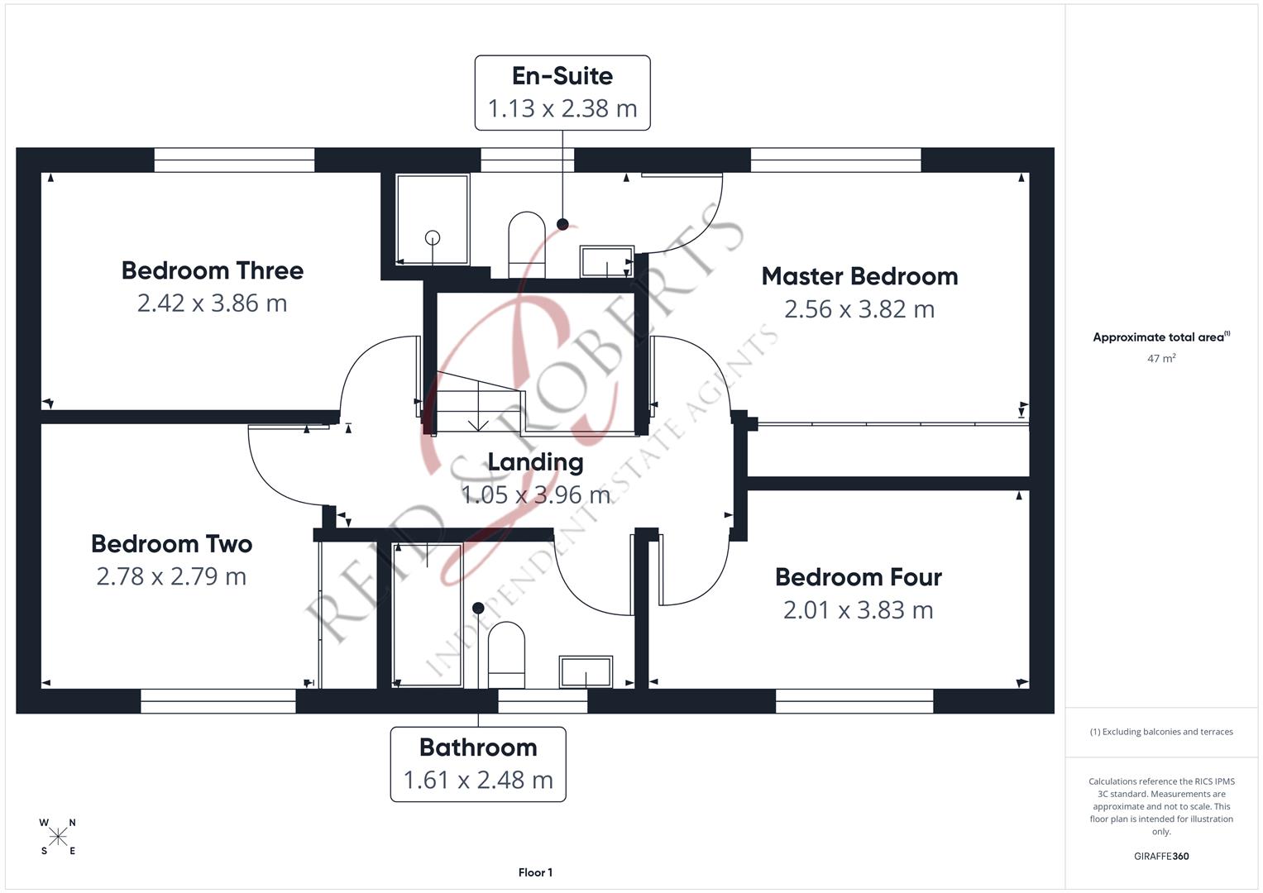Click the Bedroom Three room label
coord(212,270)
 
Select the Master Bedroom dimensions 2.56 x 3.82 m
coord(859,309)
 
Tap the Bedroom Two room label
coord(171,544)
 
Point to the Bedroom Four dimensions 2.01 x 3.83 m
coord(858,610)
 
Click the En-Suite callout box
coord(562,93)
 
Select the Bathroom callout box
coord(478,764)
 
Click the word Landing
coord(535,462)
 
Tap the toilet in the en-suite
coord(527,244)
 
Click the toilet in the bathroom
coord(506,654)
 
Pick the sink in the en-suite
coord(606,261)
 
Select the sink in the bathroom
coord(586,671)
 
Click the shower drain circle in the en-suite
coord(433,238)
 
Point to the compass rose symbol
coord(58,837)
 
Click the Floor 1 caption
coord(535,872)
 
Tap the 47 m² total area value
coord(1161,359)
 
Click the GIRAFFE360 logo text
coord(1161,856)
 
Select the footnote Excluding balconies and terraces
coord(1161,732)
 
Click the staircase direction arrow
coord(478,423)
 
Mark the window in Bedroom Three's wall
coord(234,160)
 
